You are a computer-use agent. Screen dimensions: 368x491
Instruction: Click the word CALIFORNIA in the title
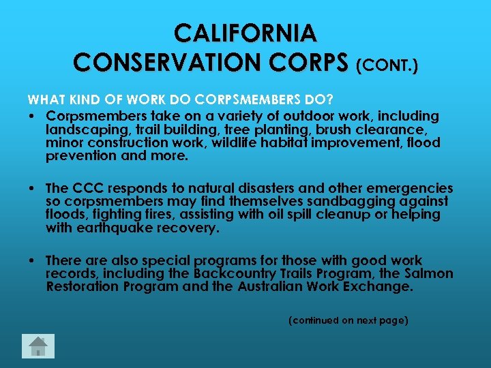(245, 33)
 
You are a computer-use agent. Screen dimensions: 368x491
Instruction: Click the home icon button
(38, 346)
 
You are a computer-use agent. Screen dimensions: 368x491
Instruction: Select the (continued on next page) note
(348, 320)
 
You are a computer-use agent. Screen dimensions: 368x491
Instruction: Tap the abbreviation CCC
(87, 188)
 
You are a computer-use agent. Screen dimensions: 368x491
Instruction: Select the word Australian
(276, 286)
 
